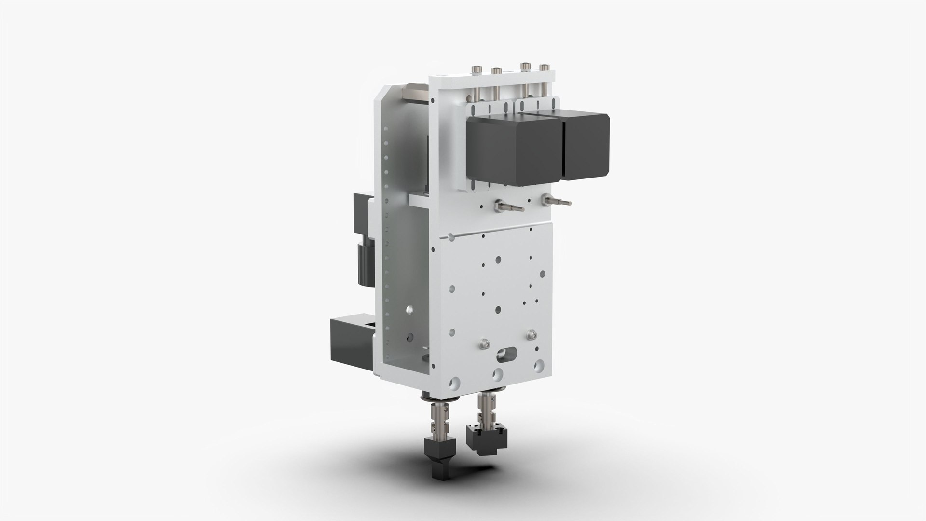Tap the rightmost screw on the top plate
pos(545,68)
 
